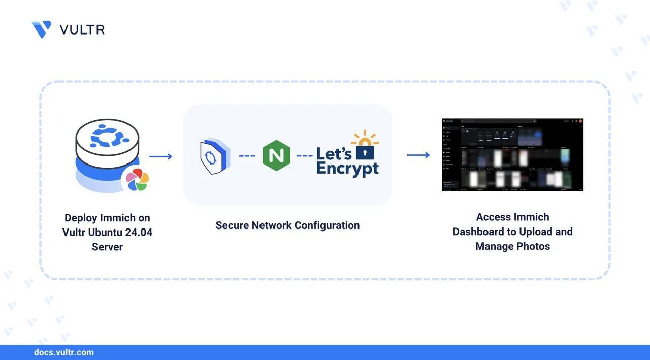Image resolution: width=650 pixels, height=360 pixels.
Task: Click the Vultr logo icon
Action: point(41,29)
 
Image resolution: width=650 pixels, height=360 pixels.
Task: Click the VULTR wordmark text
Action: point(82,30)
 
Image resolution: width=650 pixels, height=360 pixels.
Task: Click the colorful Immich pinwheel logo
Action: point(137,180)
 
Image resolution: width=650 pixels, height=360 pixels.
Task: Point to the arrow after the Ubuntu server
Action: point(161,156)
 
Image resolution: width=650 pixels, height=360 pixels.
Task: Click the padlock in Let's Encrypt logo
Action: point(365,150)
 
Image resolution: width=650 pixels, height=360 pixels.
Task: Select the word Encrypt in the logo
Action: point(347,168)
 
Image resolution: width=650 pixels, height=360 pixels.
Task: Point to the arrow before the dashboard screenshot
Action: point(418,154)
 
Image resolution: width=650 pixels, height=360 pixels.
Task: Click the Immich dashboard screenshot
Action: point(512,154)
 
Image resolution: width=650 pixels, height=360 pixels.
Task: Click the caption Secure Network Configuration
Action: point(287,225)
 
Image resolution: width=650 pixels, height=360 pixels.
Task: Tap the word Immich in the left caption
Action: point(119,218)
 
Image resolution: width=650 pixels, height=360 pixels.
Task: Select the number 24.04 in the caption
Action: point(138,233)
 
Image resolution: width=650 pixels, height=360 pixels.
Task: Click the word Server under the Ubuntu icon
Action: point(107,247)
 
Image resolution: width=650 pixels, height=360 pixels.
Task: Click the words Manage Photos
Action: point(512,246)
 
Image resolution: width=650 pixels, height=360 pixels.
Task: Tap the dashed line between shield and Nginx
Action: point(247,156)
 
